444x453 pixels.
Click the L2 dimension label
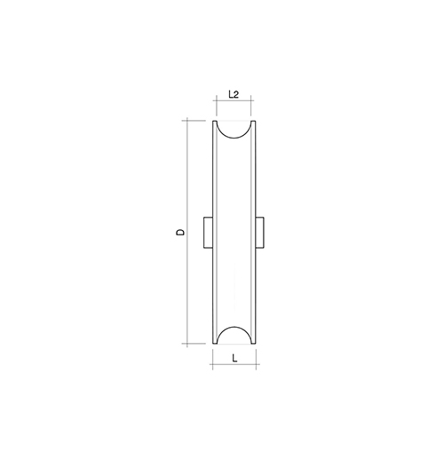point(234,94)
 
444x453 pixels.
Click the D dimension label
point(180,232)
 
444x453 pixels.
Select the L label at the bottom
point(234,359)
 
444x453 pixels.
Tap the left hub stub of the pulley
point(208,233)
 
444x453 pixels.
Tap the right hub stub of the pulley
point(259,233)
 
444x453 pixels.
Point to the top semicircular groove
point(234,138)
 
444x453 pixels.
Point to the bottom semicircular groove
point(234,327)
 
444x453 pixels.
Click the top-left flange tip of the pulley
point(215,122)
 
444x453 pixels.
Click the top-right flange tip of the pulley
point(254,122)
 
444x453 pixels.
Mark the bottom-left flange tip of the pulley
point(215,343)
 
